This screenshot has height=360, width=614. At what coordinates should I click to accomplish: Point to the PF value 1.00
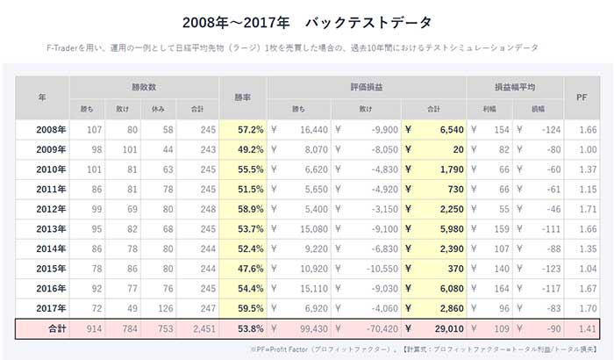click(x=583, y=149)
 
